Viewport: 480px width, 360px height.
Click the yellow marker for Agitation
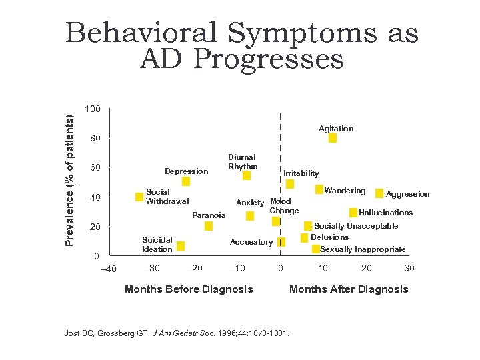click(x=333, y=138)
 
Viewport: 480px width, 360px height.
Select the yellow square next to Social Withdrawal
click(x=139, y=197)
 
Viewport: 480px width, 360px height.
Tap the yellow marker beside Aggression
click(x=379, y=193)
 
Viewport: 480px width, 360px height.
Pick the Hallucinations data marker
click(x=353, y=213)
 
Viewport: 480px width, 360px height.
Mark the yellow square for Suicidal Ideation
click(x=181, y=246)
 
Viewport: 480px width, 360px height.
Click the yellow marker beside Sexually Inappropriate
click(x=315, y=249)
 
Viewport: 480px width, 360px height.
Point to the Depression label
click(x=187, y=171)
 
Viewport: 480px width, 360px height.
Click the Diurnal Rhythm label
click(x=242, y=162)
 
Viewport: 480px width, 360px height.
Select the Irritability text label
click(x=301, y=173)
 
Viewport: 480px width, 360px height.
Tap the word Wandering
click(x=345, y=191)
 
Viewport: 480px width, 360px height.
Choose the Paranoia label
click(x=209, y=215)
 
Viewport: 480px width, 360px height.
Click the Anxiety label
click(x=250, y=203)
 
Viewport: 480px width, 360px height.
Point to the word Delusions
click(x=329, y=237)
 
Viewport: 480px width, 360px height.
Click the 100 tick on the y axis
click(x=93, y=109)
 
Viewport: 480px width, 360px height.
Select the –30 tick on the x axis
click(x=151, y=269)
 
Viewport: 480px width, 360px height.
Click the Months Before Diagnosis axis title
click(x=189, y=289)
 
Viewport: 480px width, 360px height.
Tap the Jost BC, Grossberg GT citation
click(x=177, y=333)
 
